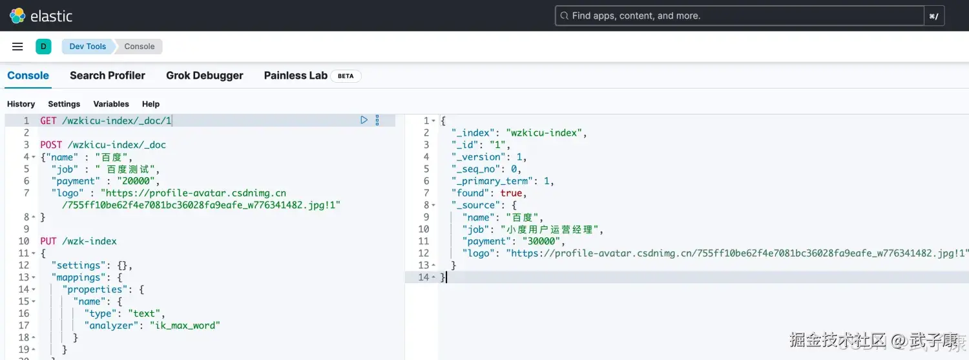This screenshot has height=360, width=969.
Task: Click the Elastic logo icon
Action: click(17, 16)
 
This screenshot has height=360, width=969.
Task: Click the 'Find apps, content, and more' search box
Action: click(740, 16)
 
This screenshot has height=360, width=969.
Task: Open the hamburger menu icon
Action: click(17, 47)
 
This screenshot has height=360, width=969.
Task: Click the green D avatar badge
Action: click(43, 47)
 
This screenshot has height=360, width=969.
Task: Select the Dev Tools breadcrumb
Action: click(87, 47)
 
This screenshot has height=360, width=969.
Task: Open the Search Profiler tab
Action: click(107, 75)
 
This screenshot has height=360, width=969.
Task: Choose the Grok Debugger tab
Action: click(205, 75)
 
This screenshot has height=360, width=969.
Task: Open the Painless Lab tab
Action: click(295, 75)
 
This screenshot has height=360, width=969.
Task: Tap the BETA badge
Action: click(346, 76)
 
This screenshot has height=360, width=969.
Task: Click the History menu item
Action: click(21, 104)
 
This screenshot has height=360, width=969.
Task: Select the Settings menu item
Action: click(64, 104)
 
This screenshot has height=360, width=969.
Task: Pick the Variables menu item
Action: click(111, 104)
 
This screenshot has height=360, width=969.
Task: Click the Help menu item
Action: click(151, 104)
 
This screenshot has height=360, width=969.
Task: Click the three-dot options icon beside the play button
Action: click(377, 120)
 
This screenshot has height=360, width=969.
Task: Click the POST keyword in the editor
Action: click(51, 145)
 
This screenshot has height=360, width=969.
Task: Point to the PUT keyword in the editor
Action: click(48, 241)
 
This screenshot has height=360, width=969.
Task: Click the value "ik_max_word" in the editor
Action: click(185, 325)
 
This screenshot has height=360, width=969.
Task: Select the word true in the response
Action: click(511, 193)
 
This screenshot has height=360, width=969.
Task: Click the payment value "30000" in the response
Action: click(541, 241)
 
